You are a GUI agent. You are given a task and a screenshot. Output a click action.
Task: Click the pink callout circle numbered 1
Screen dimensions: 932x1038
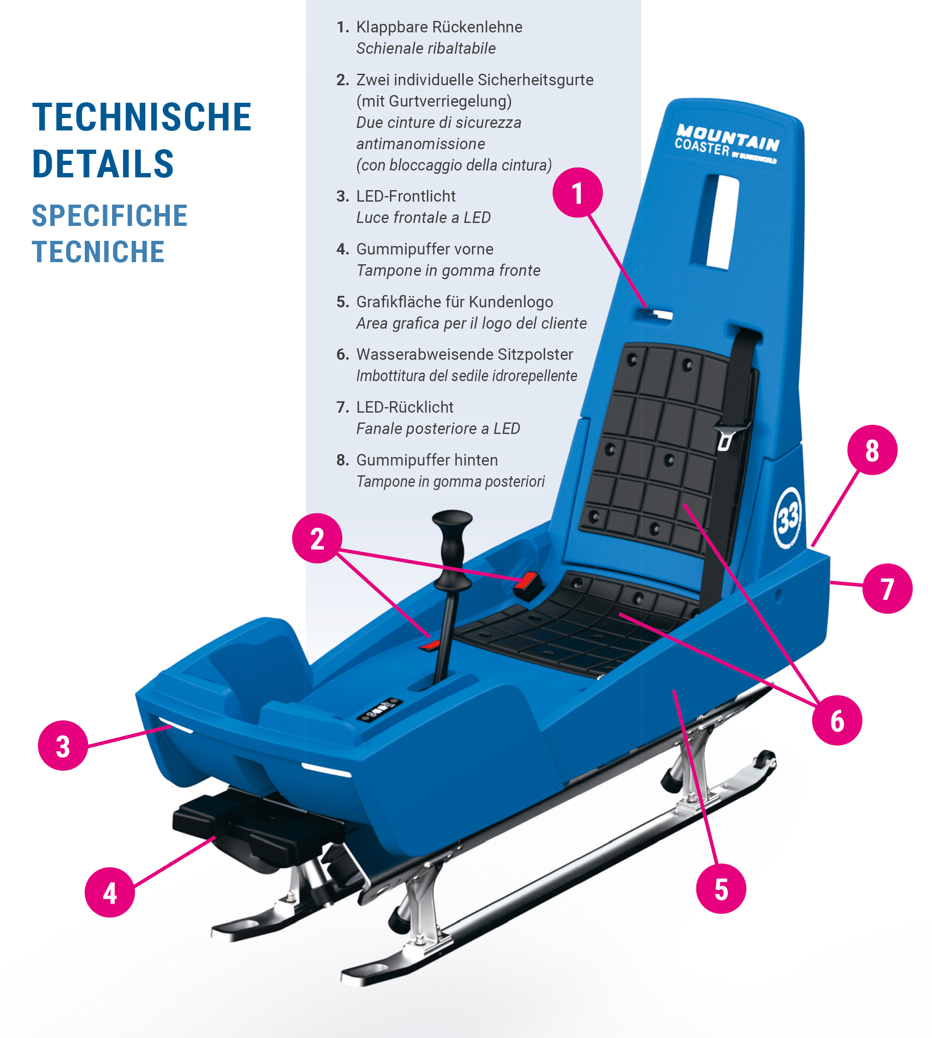(577, 193)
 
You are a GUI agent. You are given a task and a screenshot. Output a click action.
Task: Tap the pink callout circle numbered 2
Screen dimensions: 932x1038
(317, 538)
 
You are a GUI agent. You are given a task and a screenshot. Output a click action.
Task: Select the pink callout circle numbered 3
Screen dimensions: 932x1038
(63, 746)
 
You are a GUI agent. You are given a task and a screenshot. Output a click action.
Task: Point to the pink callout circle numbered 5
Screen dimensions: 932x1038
(721, 888)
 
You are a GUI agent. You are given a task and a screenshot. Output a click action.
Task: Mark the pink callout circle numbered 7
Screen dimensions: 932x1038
(887, 589)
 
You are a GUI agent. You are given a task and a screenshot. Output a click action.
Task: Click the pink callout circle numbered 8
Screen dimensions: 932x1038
(872, 450)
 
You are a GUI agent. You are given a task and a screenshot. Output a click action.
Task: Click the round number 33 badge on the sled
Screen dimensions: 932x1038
(788, 518)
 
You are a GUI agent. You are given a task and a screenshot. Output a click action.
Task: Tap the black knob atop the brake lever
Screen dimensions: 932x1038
(452, 520)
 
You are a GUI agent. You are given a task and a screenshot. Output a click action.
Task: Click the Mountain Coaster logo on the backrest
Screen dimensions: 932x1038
(727, 144)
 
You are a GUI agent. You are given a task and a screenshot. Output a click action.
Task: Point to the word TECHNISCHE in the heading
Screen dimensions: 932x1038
(142, 117)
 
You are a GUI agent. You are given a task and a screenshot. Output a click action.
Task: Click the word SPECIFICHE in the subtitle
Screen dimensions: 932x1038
(110, 215)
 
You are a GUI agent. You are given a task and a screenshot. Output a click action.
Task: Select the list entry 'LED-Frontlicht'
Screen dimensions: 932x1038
(406, 196)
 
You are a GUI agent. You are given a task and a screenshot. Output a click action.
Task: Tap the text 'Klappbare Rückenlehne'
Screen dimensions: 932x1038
(439, 26)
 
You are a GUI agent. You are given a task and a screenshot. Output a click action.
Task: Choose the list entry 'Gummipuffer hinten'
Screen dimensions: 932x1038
(427, 460)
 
